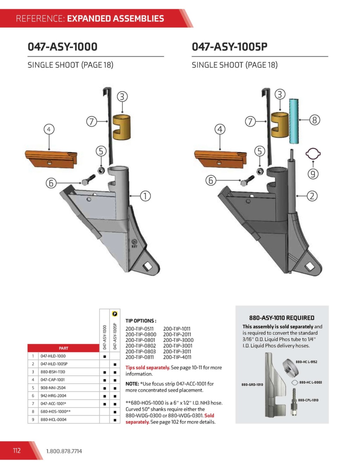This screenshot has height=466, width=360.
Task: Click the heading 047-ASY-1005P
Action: [230, 47]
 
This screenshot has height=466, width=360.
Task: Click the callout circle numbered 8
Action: [314, 120]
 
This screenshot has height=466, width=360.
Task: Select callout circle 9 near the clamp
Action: [313, 174]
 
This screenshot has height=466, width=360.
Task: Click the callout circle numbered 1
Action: [145, 196]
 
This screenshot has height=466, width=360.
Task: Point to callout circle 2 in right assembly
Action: [312, 196]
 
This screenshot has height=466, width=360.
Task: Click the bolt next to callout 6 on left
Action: [88, 180]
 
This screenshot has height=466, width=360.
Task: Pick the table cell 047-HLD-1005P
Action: [54, 364]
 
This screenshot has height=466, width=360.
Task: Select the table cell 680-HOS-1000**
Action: [55, 411]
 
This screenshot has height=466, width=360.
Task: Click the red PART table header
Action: [64, 348]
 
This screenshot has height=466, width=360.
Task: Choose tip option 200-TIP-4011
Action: [177, 357]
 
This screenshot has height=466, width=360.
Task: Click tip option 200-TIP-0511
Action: [140, 329]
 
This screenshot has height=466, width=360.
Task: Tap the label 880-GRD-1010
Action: [252, 384]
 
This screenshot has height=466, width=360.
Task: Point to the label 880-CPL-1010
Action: [308, 400]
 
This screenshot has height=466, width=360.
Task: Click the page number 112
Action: [17, 451]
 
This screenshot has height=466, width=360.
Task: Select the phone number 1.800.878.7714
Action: [64, 451]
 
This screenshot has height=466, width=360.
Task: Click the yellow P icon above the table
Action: [115, 314]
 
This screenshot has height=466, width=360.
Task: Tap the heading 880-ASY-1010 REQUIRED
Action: [282, 318]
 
